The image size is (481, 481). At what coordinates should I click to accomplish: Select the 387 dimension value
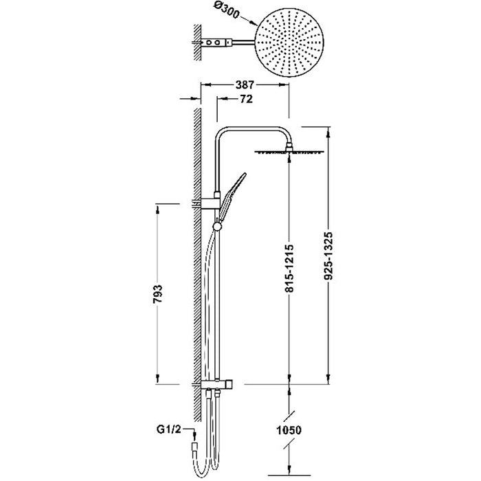(244, 85)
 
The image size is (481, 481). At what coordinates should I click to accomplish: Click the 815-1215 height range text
(289, 268)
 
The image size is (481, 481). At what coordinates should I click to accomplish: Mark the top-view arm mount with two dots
(216, 43)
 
